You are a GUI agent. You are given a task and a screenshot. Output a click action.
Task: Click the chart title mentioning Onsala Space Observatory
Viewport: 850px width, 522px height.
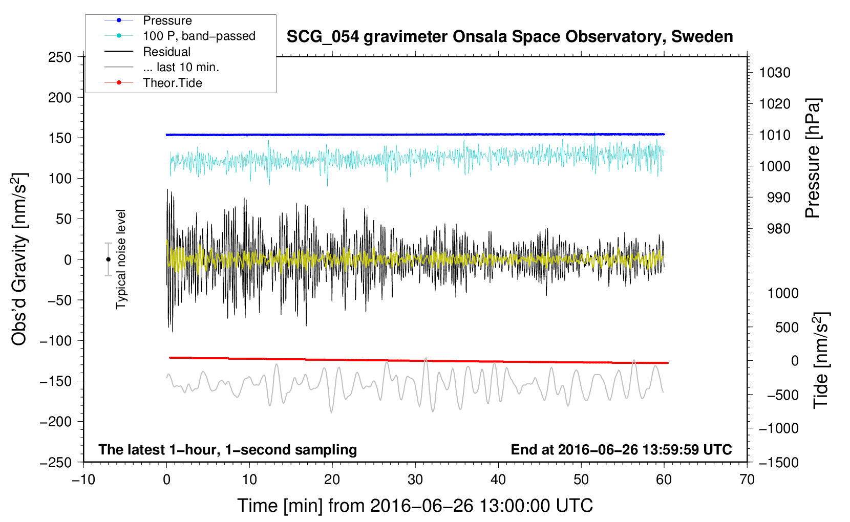tap(509, 37)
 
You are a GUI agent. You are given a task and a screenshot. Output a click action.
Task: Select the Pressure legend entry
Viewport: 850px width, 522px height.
tap(167, 20)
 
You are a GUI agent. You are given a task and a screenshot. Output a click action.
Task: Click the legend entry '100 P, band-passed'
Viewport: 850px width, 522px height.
tap(199, 36)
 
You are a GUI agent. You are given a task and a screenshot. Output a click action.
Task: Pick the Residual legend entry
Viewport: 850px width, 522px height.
tap(166, 52)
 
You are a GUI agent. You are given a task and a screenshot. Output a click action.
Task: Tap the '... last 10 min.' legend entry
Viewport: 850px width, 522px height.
tap(181, 67)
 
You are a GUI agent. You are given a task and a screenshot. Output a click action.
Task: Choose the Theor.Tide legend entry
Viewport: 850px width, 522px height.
tap(172, 83)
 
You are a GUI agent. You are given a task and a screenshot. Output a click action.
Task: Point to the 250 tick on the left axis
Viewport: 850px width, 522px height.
tap(60, 57)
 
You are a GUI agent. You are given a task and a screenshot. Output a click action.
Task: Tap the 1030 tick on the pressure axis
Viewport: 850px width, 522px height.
tap(775, 73)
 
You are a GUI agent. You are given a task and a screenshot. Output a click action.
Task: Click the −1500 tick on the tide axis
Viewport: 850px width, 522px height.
tap(778, 462)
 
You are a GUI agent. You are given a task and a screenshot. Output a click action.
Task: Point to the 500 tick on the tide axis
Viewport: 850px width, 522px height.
tap(787, 327)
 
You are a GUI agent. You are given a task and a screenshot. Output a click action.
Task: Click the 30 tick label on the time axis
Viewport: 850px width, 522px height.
tap(415, 480)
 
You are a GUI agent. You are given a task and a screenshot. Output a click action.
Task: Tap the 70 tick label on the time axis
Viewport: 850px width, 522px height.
tap(747, 480)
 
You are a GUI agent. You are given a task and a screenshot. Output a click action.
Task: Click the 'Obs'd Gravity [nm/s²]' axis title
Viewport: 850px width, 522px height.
tap(19, 259)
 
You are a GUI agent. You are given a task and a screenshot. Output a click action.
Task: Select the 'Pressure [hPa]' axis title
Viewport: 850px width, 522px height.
tap(813, 158)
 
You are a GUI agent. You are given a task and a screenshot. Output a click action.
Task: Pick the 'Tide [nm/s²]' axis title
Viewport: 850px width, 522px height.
tap(821, 360)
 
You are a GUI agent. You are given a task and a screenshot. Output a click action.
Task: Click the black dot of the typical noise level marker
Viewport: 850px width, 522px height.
tap(108, 259)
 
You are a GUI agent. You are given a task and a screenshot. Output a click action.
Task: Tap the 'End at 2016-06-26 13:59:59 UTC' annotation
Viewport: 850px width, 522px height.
tap(621, 450)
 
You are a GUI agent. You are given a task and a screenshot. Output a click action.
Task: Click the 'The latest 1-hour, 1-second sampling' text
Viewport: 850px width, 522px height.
tap(227, 450)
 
